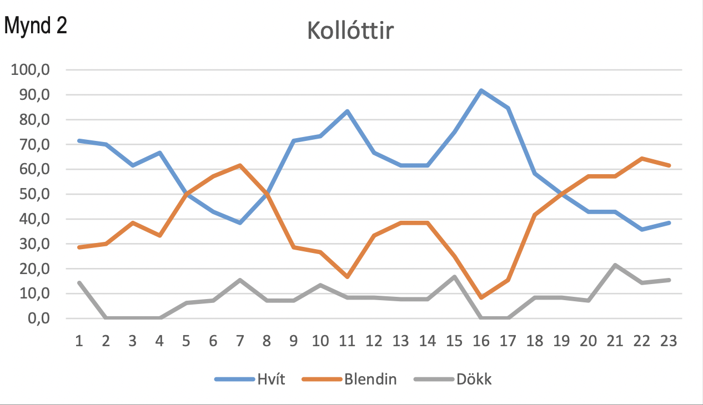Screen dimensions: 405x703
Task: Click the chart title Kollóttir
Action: (350, 32)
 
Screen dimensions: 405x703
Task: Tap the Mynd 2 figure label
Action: (36, 26)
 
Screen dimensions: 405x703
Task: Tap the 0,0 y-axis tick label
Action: (38, 319)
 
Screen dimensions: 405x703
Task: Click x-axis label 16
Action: (481, 341)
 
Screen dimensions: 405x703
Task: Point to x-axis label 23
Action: (669, 341)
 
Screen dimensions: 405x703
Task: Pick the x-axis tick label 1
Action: (79, 341)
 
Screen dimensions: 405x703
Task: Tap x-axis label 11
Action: (347, 341)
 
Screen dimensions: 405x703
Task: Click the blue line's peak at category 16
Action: (481, 90)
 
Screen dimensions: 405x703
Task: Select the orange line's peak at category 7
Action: (240, 165)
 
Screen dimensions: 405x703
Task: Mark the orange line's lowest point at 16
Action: (481, 298)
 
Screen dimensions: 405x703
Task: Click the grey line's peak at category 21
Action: (615, 265)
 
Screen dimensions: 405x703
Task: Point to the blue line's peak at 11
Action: (347, 111)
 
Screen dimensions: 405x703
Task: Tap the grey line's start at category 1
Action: (79, 283)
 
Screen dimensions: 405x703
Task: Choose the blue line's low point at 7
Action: (240, 222)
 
